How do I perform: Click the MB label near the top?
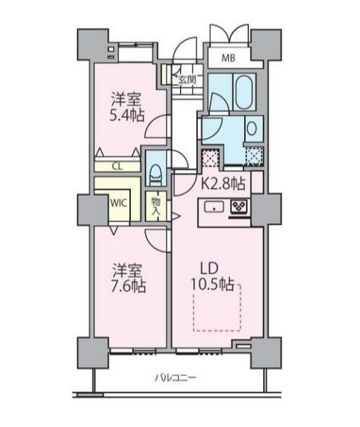coord(228,58)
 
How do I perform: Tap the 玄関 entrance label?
coord(187,80)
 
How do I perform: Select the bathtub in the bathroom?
coord(245,92)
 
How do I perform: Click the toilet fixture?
coord(156,174)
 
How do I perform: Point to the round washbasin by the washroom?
coord(251,128)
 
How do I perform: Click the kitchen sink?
coord(214,207)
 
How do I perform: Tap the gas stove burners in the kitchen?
coord(239,206)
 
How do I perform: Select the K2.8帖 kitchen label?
coord(223,184)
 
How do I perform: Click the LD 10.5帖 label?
coord(212,277)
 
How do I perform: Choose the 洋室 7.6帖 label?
coord(129,278)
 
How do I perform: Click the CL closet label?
coord(117,167)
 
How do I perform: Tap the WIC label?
coord(119,203)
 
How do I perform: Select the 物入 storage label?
coord(156,206)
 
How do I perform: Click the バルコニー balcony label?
coord(175,378)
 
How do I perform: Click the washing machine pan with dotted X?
coord(254,157)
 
